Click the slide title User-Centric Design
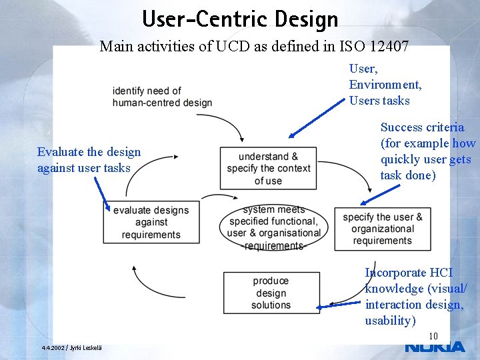[x=240, y=18]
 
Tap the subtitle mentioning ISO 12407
[x=253, y=47]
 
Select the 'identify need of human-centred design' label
[x=162, y=97]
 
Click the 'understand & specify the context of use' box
[x=269, y=169]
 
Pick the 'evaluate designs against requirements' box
[x=151, y=223]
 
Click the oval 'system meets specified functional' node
[x=273, y=227]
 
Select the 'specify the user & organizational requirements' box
[x=383, y=229]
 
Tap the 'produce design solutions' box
[x=271, y=293]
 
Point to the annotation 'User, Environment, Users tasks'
[x=385, y=85]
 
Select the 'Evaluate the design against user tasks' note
[x=89, y=160]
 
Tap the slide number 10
[x=433, y=336]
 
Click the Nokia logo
[x=435, y=347]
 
